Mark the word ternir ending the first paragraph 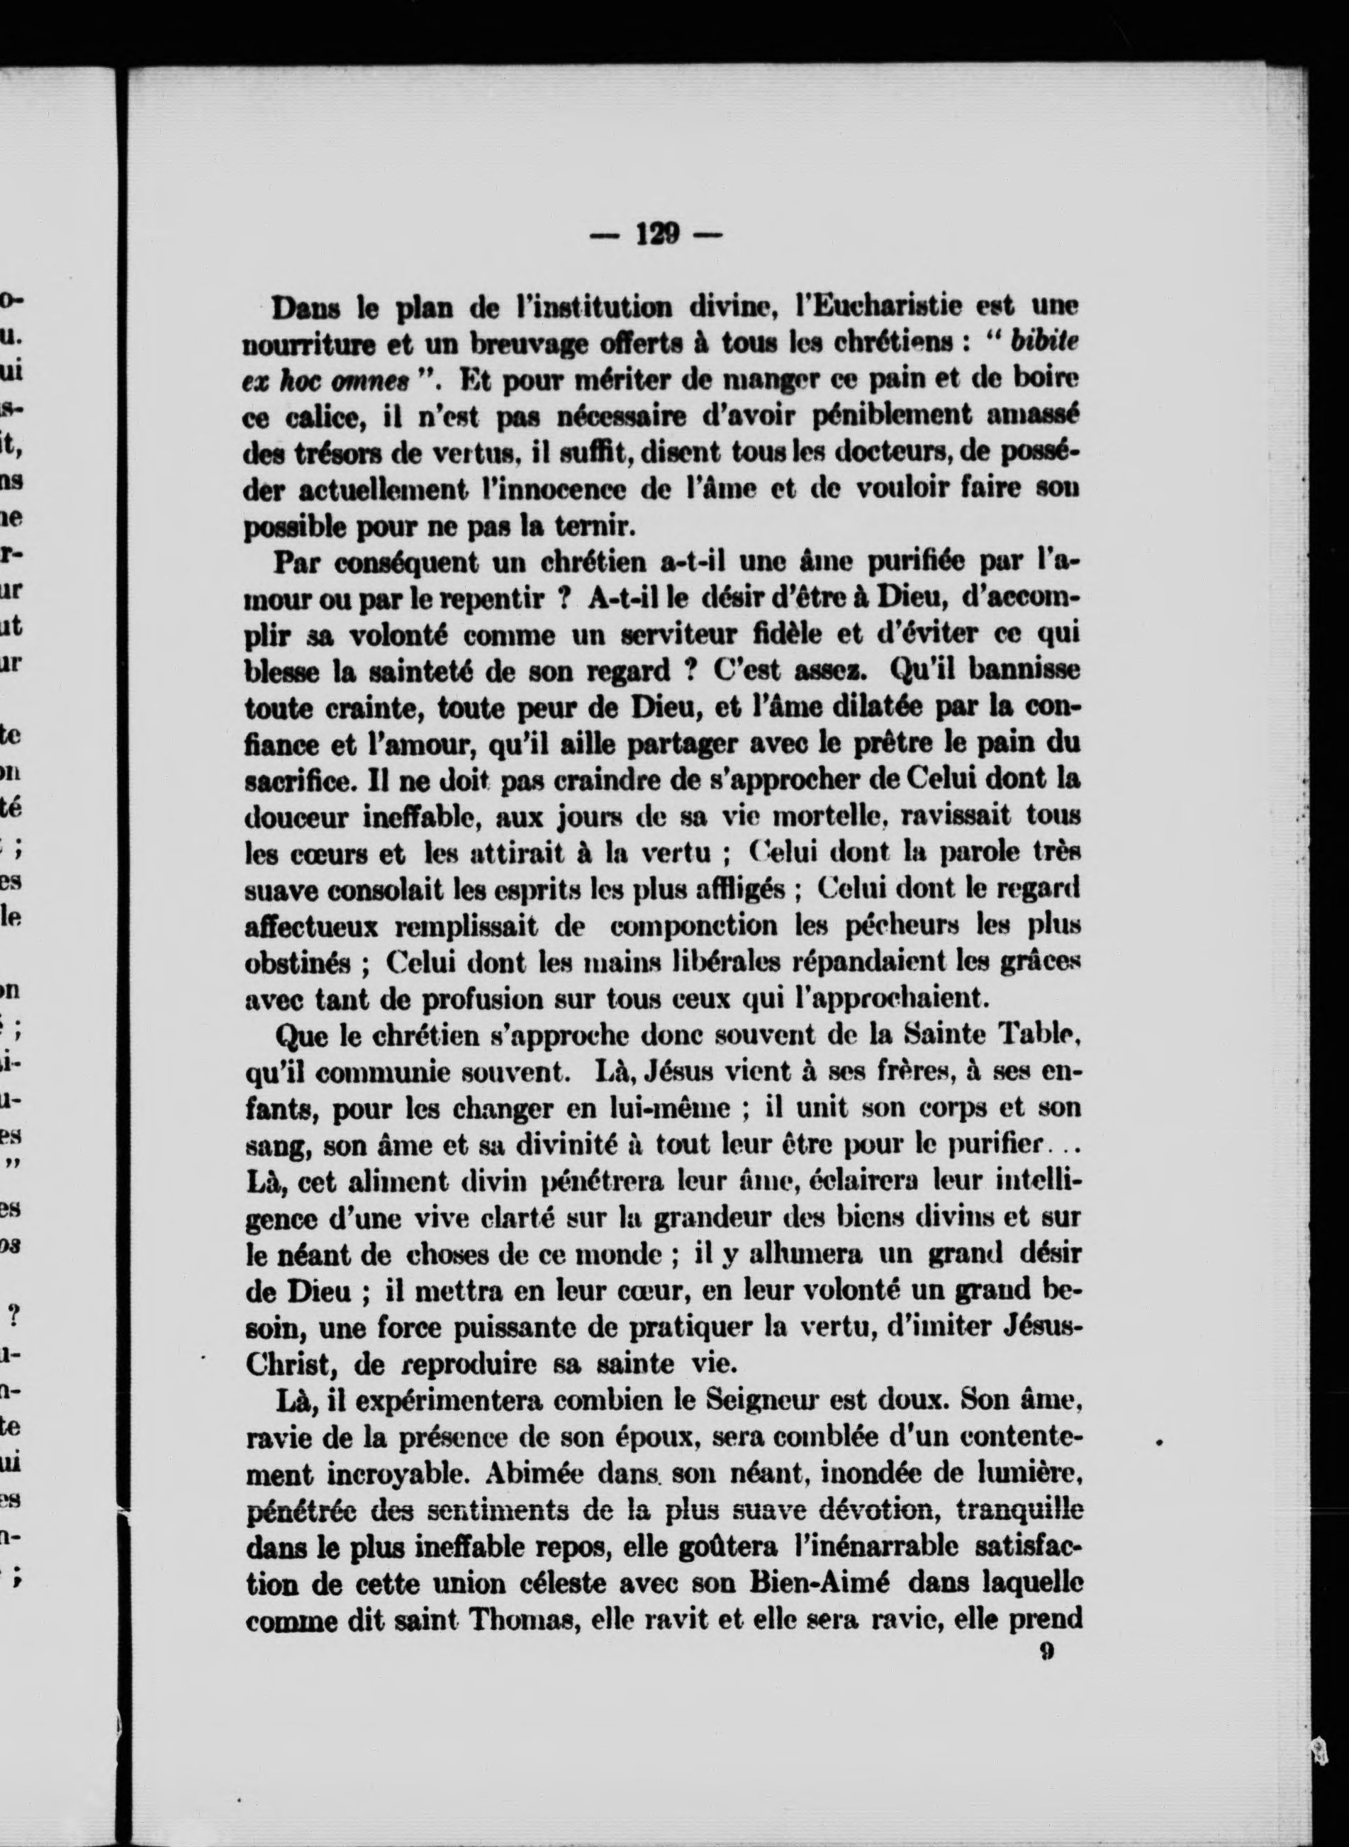(x=600, y=525)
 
